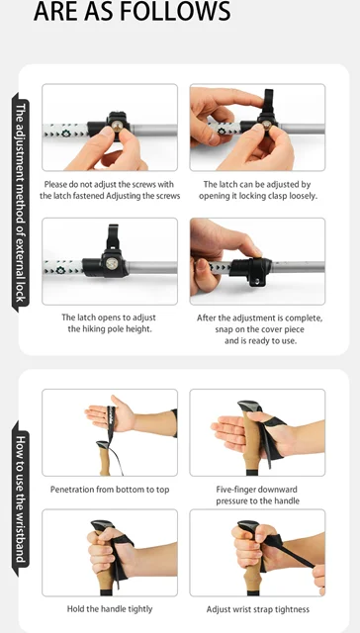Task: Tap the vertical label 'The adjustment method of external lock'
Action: point(21,203)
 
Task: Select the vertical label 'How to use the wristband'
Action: point(21,498)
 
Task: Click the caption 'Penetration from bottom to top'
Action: point(110,490)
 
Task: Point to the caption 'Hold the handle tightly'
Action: point(110,609)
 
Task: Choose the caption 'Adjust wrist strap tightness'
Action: point(258,609)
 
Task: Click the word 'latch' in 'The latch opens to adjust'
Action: point(86,317)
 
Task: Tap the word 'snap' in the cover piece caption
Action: point(224,329)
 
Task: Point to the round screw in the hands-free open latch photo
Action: point(111,263)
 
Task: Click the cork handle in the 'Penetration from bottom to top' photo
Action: point(104,459)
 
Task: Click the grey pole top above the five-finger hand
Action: point(250,406)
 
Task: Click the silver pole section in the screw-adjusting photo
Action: point(153,130)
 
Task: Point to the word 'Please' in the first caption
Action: point(54,185)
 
